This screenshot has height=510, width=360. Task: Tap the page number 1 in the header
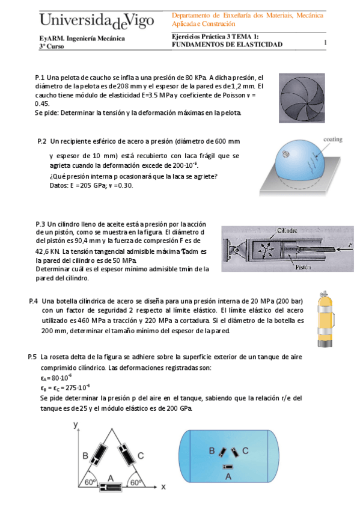point(325,43)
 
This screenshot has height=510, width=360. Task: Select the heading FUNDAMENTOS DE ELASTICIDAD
point(227,45)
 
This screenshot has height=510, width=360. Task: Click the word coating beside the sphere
point(332,140)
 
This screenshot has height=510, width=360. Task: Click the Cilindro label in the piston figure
point(288,230)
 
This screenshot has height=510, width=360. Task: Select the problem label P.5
point(33,356)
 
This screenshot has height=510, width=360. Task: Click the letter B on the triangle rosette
point(85,455)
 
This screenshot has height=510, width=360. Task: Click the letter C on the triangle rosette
point(140,456)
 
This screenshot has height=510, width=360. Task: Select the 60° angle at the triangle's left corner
point(90,482)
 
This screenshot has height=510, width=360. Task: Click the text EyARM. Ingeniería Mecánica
point(82,38)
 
